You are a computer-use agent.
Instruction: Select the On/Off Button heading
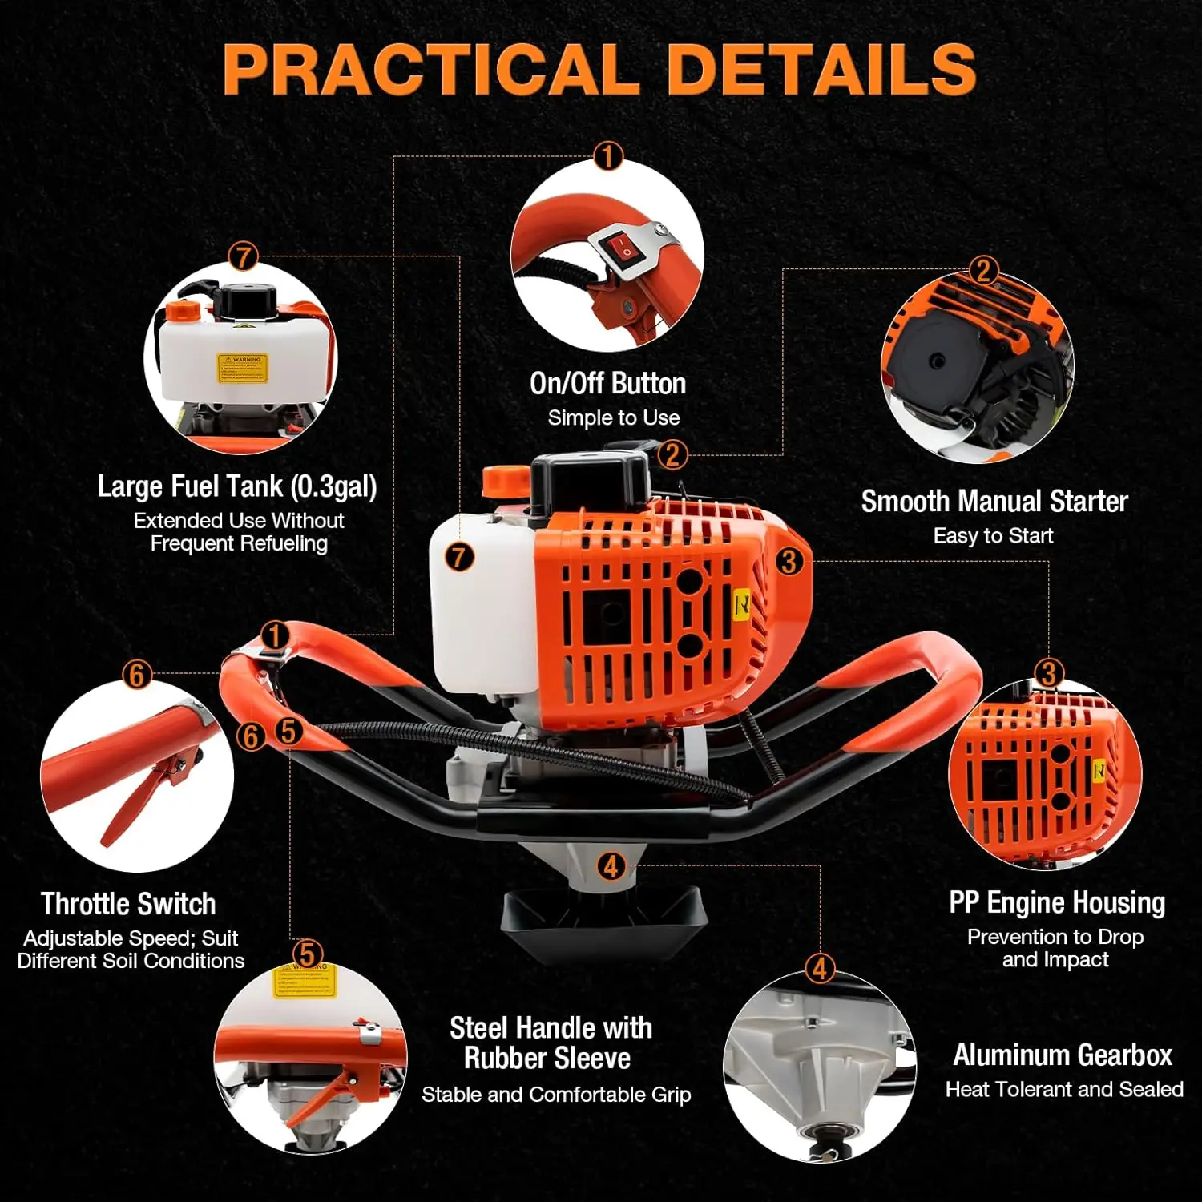pyautogui.click(x=607, y=384)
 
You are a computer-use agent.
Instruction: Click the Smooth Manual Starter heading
pyautogui.click(x=994, y=502)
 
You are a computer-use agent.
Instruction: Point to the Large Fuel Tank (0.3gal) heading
pyautogui.click(x=237, y=486)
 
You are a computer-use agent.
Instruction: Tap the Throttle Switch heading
pyautogui.click(x=128, y=904)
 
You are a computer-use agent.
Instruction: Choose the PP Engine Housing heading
pyautogui.click(x=1057, y=902)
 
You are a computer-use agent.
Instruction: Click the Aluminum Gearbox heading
pyautogui.click(x=1063, y=1055)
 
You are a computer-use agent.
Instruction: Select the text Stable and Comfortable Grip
pyautogui.click(x=556, y=1095)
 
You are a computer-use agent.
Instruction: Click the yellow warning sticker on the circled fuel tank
pyautogui.click(x=242, y=368)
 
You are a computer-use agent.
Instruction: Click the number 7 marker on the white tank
pyautogui.click(x=459, y=557)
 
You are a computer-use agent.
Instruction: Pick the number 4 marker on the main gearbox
pyautogui.click(x=611, y=866)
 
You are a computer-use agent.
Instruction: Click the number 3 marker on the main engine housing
pyautogui.click(x=789, y=561)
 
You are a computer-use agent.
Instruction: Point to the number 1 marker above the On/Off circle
pyautogui.click(x=607, y=156)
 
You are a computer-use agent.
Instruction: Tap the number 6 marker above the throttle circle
pyautogui.click(x=136, y=675)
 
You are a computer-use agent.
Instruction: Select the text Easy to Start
pyautogui.click(x=993, y=536)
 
